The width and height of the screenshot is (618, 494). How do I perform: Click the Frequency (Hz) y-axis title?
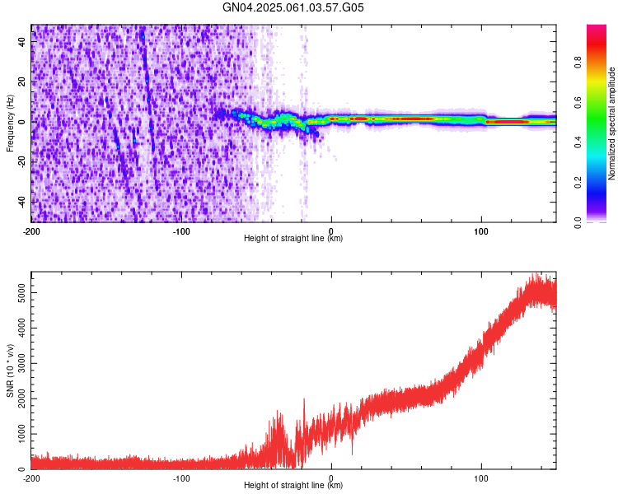point(10,123)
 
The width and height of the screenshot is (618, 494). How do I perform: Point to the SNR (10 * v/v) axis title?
point(10,370)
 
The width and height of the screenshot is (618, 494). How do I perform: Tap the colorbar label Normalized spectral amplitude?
point(612,123)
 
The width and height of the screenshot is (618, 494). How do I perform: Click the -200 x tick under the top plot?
point(31,231)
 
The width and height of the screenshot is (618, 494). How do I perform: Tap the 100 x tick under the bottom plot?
point(481,478)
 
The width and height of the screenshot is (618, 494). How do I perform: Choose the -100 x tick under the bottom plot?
point(181,478)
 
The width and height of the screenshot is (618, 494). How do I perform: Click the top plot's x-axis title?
point(293,239)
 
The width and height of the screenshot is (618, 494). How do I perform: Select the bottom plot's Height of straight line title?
point(293,486)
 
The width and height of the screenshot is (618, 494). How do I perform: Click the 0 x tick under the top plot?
point(331,231)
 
